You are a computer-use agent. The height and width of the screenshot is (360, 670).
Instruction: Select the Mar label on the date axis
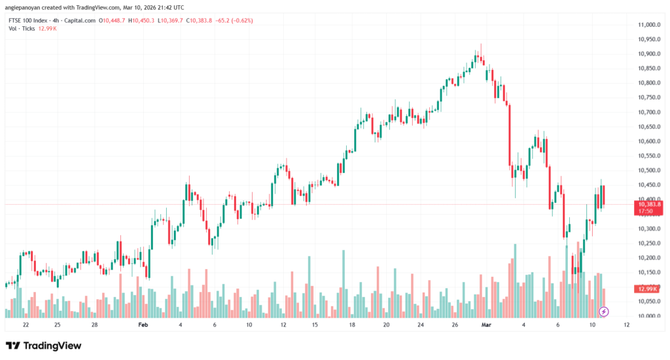click(x=485, y=325)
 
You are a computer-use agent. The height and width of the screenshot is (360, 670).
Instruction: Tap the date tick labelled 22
click(x=26, y=325)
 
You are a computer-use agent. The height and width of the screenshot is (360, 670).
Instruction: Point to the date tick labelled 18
click(x=352, y=325)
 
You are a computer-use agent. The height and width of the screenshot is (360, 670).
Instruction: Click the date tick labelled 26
click(x=455, y=325)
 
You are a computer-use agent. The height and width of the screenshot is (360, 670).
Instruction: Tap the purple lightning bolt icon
click(x=604, y=311)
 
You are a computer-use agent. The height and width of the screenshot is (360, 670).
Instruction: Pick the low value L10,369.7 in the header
click(x=172, y=20)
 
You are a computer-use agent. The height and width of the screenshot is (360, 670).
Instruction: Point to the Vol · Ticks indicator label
click(x=21, y=28)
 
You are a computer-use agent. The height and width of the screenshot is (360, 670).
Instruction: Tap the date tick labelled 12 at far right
click(x=627, y=325)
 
